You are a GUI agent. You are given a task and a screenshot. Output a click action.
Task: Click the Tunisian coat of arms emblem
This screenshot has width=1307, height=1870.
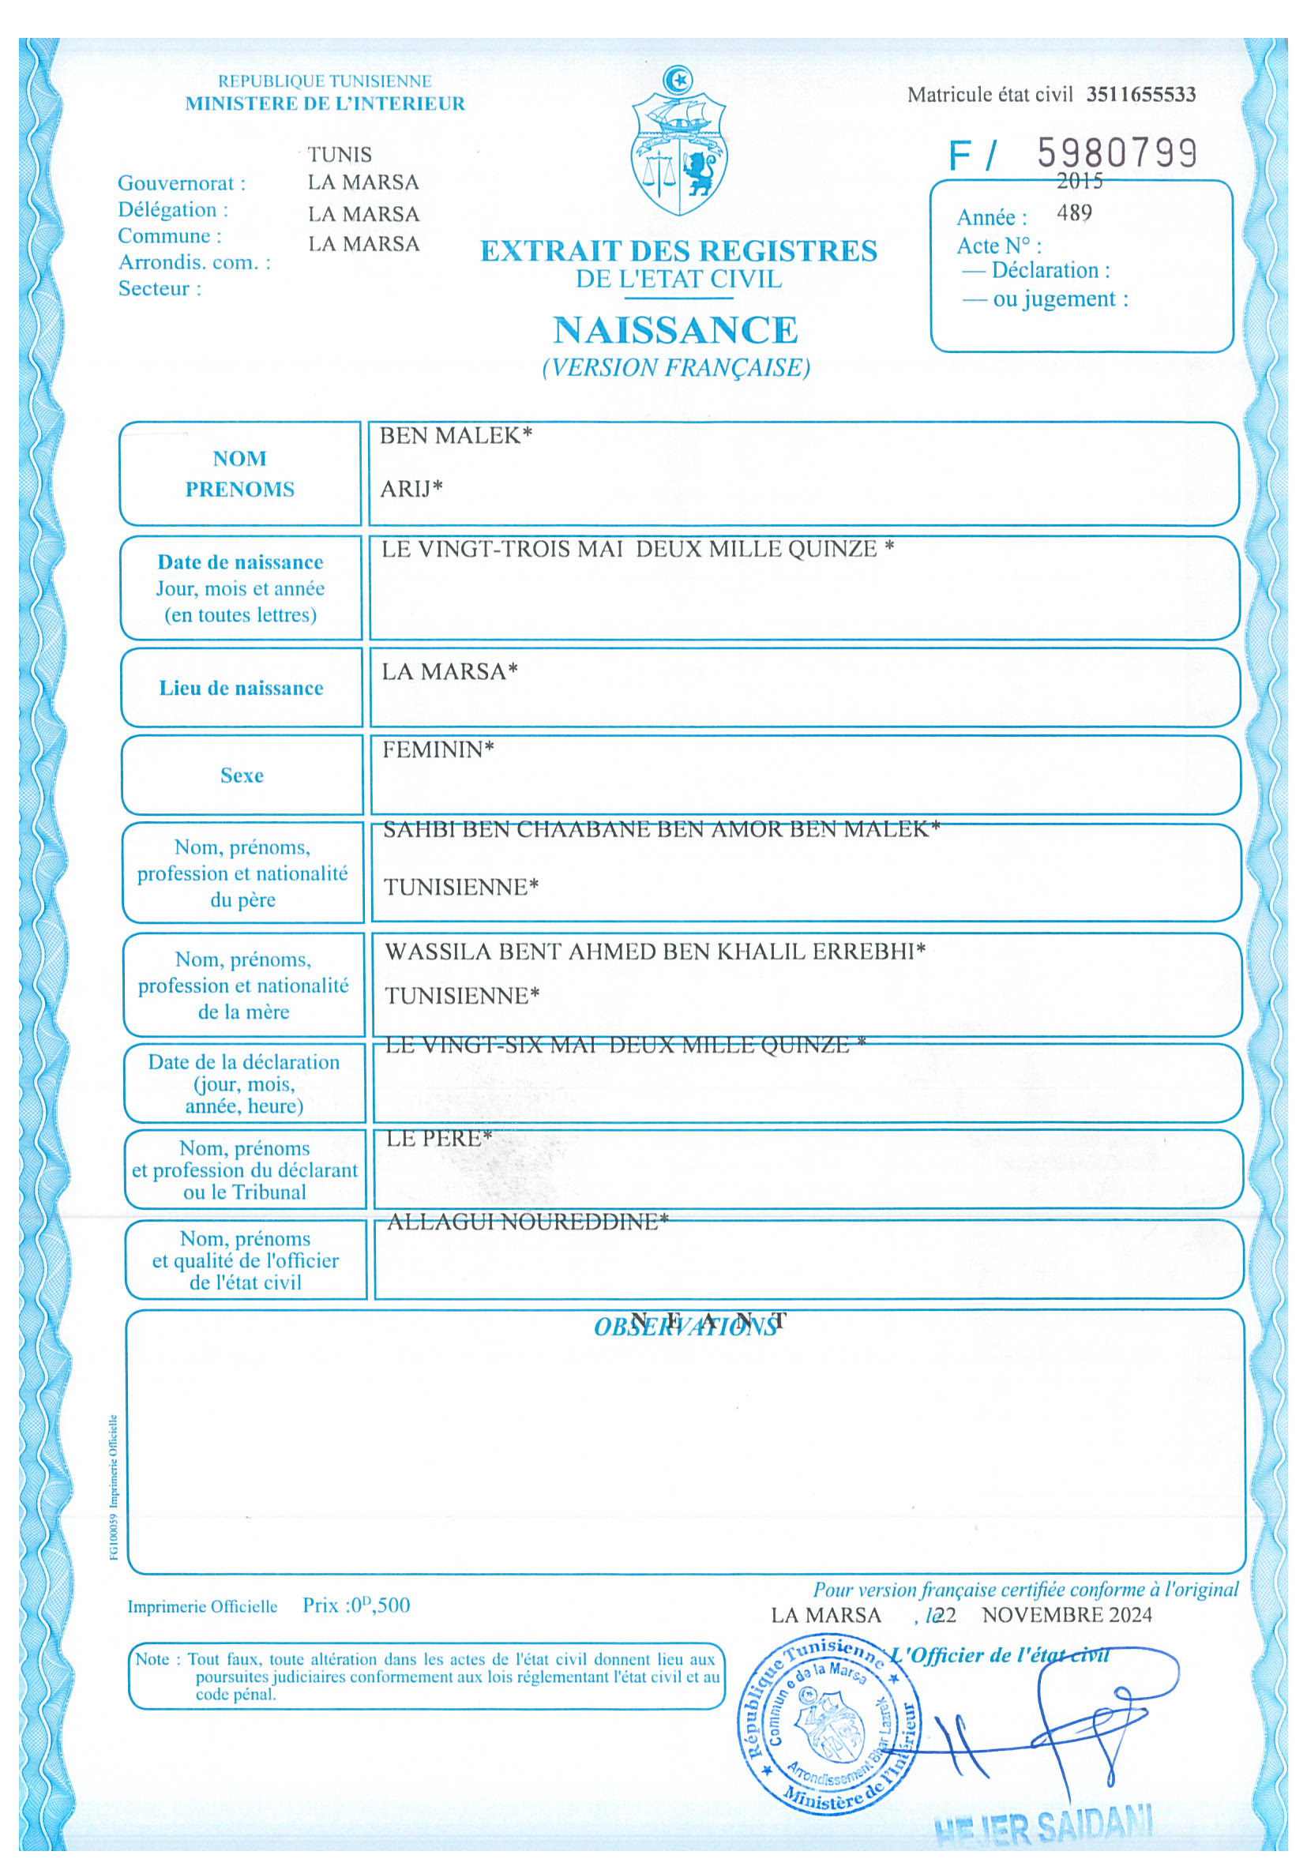point(678,144)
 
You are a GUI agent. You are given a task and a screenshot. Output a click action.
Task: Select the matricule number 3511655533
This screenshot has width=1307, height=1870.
point(1140,95)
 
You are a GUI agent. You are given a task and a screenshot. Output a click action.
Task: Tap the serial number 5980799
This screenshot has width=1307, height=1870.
point(1117,152)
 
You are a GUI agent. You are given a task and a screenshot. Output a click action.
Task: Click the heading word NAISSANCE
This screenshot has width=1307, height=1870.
point(675,330)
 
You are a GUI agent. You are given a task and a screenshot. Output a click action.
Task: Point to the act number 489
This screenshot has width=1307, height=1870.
point(1074,213)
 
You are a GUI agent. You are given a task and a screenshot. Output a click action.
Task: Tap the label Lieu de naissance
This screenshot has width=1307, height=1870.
point(241,688)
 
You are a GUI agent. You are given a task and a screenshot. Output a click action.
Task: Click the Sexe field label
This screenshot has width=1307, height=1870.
point(242,775)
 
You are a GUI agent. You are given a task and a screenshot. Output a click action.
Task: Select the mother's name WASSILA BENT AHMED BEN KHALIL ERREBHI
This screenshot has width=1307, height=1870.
point(654,952)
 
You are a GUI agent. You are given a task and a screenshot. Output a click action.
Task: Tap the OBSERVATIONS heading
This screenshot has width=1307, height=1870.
point(685,1327)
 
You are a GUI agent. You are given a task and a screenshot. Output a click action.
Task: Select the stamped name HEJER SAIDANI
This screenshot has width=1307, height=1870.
point(1042,1827)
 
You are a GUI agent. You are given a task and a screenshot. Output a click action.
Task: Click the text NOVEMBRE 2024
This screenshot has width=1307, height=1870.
point(1066,1615)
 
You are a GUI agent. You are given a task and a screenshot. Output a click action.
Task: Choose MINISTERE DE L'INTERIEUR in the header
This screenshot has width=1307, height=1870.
point(325,103)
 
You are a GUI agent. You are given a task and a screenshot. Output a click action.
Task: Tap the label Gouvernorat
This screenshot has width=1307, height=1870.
point(181,183)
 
